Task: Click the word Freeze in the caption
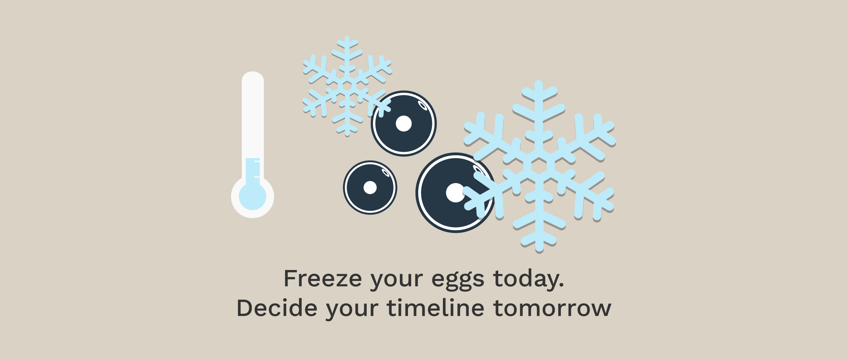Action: (323, 279)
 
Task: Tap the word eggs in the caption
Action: (458, 281)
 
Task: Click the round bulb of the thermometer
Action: (252, 197)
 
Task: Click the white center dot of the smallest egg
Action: (370, 187)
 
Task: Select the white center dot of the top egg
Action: (404, 124)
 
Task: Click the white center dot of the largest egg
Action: (456, 193)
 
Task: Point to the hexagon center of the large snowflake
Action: (539, 167)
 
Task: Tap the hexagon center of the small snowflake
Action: (347, 86)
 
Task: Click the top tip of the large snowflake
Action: (539, 83)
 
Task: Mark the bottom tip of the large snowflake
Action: (539, 250)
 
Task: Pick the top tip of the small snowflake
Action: (347, 37)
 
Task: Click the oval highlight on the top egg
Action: (422, 105)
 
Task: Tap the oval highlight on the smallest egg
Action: (386, 173)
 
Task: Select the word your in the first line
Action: (396, 281)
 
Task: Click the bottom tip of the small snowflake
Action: (347, 134)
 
